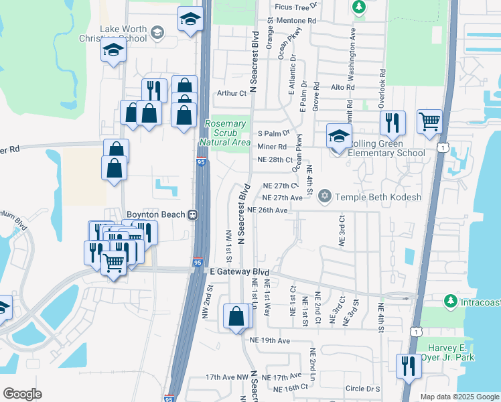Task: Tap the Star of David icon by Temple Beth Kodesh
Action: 326,196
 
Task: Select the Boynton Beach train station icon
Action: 192,214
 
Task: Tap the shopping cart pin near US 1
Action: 429,122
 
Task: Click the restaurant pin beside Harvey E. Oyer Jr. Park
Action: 407,366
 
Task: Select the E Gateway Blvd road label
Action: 239,272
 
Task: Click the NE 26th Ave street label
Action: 267,210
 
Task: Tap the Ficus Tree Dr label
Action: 295,7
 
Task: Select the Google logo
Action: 22,395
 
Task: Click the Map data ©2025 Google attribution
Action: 459,397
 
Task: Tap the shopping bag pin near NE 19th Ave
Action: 237,316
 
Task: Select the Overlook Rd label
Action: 381,82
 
